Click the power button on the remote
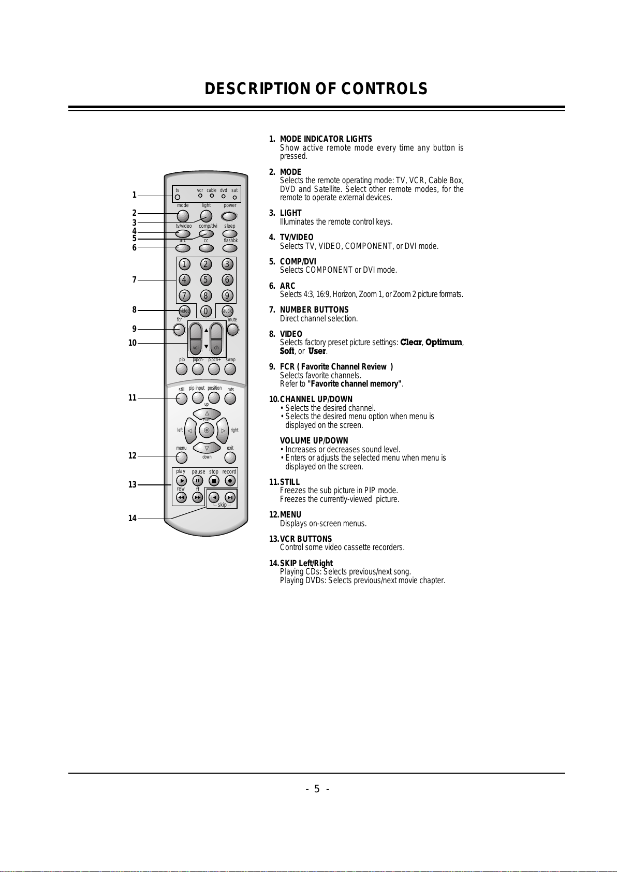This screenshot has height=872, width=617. [229, 216]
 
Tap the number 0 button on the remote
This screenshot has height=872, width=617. [206, 311]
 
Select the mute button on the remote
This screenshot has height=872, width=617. [233, 330]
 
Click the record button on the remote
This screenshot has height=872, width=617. [230, 481]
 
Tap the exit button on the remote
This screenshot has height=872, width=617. [230, 457]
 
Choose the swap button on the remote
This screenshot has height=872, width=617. [230, 369]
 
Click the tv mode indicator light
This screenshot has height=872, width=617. [178, 197]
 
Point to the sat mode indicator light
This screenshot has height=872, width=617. [234, 197]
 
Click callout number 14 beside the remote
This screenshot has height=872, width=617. [133, 518]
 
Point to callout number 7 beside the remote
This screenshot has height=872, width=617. [134, 279]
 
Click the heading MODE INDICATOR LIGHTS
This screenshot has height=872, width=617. [326, 139]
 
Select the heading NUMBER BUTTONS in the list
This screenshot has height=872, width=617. [314, 310]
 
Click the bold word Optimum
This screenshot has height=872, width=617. [444, 343]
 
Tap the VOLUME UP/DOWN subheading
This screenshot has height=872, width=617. [314, 441]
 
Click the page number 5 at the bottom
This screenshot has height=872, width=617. [317, 789]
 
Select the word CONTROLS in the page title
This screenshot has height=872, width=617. [384, 89]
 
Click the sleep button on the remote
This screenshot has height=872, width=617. [230, 233]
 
